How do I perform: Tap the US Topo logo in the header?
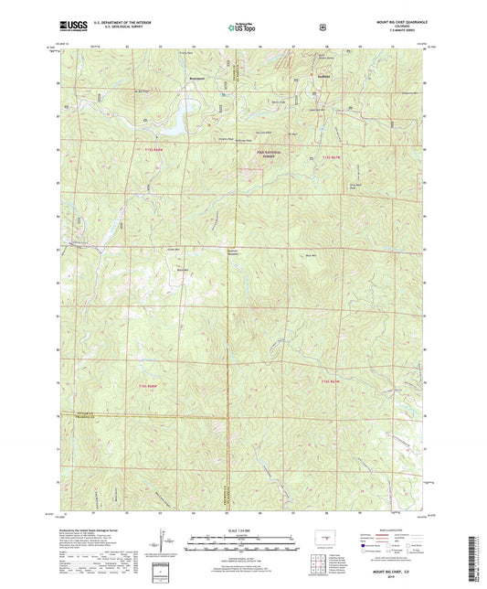[x=241, y=27]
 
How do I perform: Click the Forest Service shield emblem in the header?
[x=323, y=27]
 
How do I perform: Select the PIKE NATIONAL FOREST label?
[x=264, y=155]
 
